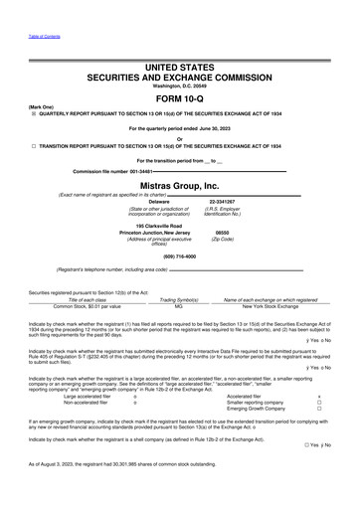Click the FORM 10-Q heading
(180, 97)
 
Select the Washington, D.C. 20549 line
(180, 85)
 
